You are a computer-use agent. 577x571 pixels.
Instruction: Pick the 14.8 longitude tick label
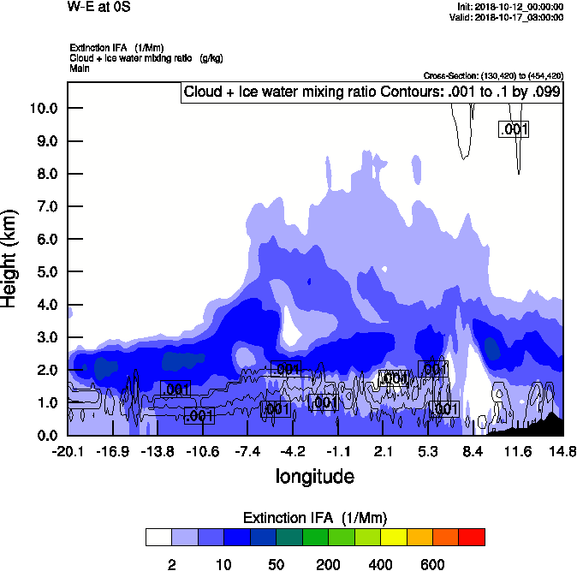coord(562,451)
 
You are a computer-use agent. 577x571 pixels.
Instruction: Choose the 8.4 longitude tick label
coord(473,451)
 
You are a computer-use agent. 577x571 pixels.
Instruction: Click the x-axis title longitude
coord(314,475)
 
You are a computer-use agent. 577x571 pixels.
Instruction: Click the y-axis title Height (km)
coord(10,258)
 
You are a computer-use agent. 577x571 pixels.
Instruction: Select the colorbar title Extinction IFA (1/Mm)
coord(314,518)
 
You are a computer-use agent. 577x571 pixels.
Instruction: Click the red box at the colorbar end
coord(472,538)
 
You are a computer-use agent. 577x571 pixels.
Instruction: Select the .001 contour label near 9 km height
coord(514,129)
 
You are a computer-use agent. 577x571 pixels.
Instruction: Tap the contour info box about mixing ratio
coord(372,92)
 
